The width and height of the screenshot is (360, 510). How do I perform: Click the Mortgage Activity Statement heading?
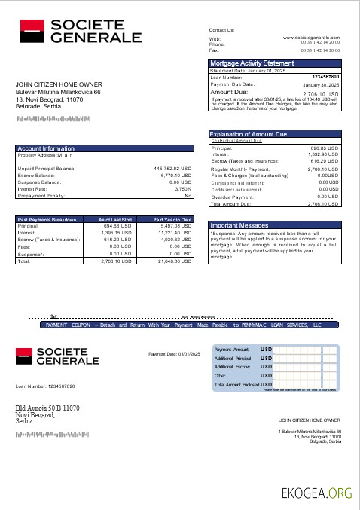252,63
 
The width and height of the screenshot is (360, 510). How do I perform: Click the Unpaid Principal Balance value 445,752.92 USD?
172,168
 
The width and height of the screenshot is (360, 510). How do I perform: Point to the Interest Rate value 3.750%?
183,188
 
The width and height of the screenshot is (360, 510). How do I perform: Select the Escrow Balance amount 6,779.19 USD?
176,175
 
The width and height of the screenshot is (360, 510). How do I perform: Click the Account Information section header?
47,149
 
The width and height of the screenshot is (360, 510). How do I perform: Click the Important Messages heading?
239,224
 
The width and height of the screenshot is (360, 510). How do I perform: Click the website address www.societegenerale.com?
311,37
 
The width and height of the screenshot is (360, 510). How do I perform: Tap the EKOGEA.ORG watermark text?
316,493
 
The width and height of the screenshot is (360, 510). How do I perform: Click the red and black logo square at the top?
31,32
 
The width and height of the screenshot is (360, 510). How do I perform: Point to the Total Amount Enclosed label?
236,384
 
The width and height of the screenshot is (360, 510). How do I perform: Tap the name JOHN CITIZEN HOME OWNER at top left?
59,84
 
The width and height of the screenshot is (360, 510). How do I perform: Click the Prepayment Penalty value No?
188,195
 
